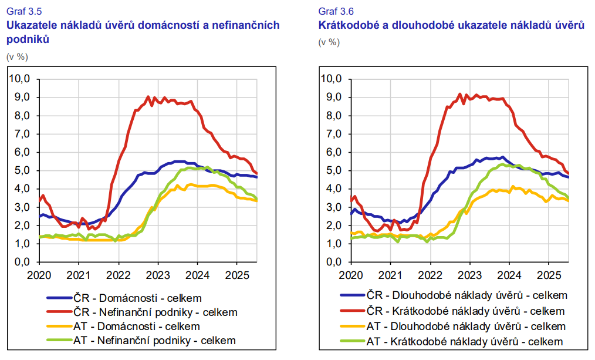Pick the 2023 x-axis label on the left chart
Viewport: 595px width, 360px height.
click(157, 274)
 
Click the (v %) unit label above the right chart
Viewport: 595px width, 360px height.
click(329, 42)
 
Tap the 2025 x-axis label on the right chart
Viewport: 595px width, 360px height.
click(549, 274)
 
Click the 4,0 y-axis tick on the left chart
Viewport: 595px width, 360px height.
click(21, 189)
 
